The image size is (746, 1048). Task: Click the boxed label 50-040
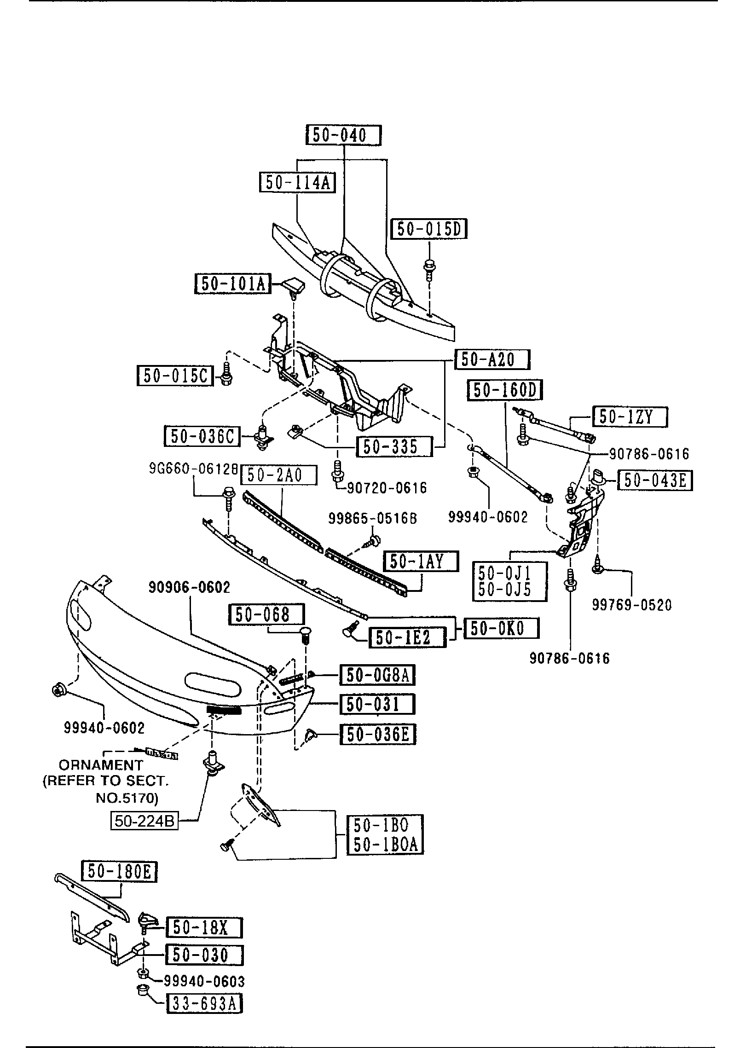344,135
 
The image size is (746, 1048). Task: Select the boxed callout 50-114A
297,183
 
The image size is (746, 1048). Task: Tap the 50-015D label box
428,229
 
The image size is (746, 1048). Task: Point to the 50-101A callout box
233,284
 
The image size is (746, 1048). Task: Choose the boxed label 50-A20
492,359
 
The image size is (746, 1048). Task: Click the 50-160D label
505,390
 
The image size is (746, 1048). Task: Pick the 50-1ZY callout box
629,417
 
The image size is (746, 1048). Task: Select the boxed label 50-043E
655,481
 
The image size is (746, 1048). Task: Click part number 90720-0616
387,487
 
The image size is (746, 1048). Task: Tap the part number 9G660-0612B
193,469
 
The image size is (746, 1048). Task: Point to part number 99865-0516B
373,519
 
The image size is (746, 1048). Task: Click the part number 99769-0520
632,604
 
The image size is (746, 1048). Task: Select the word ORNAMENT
101,765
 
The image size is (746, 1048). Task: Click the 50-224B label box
145,821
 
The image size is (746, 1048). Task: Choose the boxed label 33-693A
204,1004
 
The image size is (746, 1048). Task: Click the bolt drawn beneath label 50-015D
429,268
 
